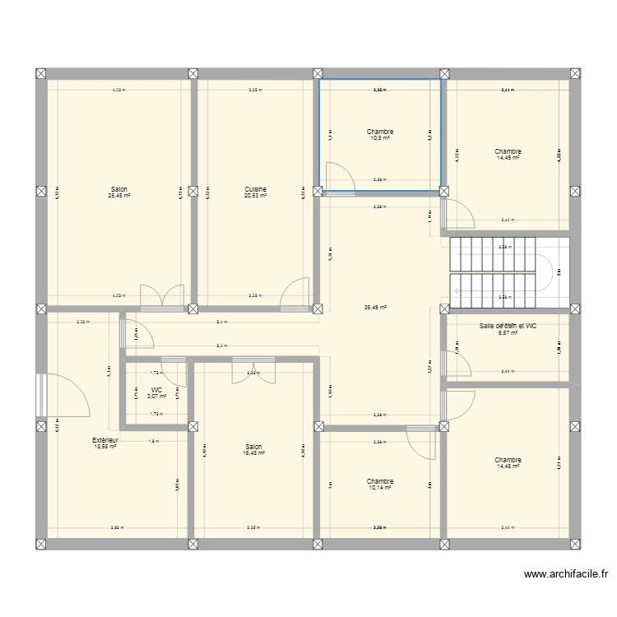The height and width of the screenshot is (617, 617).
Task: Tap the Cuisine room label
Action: pos(255,189)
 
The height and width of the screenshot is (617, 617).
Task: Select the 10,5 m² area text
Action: pos(379,138)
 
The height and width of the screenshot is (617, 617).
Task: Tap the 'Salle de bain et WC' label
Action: pos(508,327)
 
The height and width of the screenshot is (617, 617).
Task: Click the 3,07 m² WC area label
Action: pos(156,397)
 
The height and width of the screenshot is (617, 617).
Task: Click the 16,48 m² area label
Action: pos(255,452)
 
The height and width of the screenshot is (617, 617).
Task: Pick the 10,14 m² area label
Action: pos(379,488)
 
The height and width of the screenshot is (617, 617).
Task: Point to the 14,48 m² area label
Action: pos(508,466)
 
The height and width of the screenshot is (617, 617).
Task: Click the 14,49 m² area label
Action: pos(508,158)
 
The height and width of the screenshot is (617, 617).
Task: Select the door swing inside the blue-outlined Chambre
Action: pos(338,177)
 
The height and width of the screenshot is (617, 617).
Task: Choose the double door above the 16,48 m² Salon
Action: pos(248,372)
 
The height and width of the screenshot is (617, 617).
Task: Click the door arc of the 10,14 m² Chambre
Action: pos(424,447)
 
